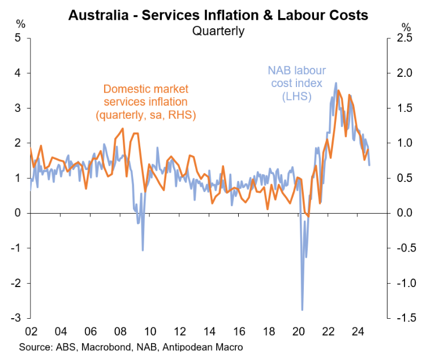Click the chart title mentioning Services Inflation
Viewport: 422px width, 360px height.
click(218, 14)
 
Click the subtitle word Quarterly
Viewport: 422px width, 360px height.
click(218, 31)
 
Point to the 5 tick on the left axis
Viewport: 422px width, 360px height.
click(18, 38)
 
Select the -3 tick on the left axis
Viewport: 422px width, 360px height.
click(16, 318)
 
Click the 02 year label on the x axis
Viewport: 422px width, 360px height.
click(32, 332)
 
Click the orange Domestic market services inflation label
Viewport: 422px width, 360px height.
click(145, 102)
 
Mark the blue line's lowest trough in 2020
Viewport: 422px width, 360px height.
click(302, 310)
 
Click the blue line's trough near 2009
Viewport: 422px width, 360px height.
click(143, 250)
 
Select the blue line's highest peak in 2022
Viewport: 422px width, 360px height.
click(336, 83)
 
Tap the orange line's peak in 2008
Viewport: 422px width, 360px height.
click(123, 129)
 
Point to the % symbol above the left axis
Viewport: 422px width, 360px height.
click(20, 24)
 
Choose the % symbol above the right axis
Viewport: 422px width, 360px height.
click(406, 25)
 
